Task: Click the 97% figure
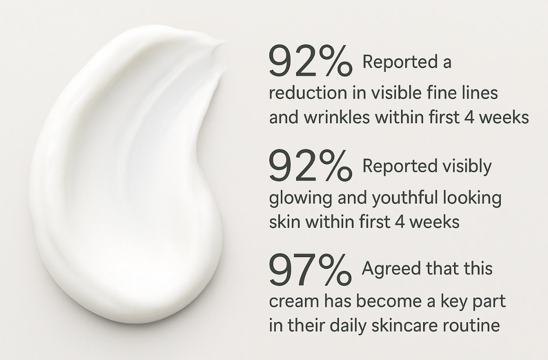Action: (x=310, y=270)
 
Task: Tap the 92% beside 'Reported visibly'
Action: (x=311, y=167)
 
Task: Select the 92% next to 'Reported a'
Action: (x=311, y=62)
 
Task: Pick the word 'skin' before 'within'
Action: (x=283, y=222)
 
